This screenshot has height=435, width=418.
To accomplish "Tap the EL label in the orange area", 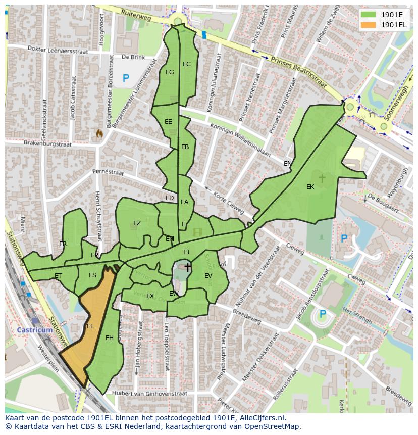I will click(x=90, y=326).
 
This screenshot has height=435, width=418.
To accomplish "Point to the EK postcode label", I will click(x=310, y=187).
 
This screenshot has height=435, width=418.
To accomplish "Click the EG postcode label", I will click(x=170, y=72).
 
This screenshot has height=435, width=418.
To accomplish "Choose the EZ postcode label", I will click(x=137, y=223).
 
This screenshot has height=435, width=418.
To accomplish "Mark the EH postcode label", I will click(x=110, y=338).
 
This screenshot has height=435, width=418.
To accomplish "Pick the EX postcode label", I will click(x=150, y=296).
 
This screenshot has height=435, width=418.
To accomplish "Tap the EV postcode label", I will click(x=208, y=276).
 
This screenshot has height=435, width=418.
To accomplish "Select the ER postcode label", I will click(x=63, y=244).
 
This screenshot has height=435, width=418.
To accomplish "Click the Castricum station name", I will click(x=35, y=330).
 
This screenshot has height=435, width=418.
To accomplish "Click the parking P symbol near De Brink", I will click(x=126, y=78).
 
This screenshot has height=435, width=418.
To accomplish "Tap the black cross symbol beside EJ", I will click(x=188, y=267).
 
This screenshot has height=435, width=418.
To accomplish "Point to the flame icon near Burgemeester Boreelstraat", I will click(x=99, y=133).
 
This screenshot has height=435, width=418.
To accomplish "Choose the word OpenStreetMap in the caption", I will click(x=273, y=427).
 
